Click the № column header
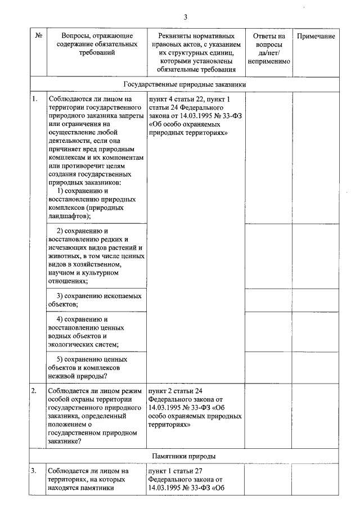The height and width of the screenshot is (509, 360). click(39, 36)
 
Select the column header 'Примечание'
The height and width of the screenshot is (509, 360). click(315, 36)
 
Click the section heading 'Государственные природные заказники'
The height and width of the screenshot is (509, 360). click(184, 84)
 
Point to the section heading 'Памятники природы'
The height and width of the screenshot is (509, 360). click(184, 456)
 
